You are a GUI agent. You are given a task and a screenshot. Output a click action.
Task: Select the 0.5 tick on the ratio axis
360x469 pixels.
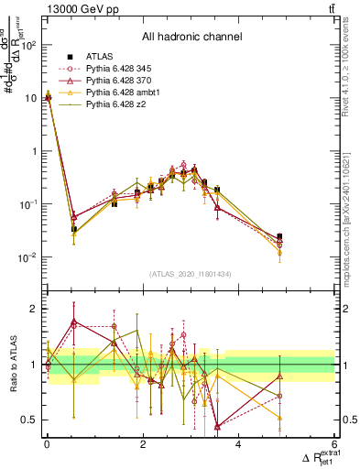tap(29, 420)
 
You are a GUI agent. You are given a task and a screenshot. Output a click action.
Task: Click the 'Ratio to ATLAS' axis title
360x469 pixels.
tap(11, 365)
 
